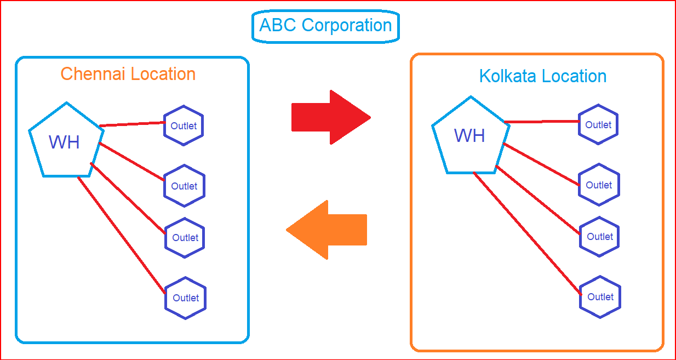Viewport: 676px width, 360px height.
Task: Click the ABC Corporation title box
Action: [x=325, y=26]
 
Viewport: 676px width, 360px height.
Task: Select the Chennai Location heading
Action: [x=128, y=74]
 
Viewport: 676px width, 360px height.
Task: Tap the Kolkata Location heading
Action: [x=542, y=76]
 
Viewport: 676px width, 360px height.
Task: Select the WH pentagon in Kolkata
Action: [x=470, y=136]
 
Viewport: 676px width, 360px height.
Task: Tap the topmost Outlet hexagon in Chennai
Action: [x=184, y=125]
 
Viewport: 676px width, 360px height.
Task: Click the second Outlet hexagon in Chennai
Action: [x=184, y=186]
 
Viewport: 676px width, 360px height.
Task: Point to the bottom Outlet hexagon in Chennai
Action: [x=186, y=298]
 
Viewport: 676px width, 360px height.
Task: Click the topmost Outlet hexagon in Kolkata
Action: [x=598, y=124]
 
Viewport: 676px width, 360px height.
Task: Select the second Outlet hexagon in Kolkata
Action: [x=599, y=185]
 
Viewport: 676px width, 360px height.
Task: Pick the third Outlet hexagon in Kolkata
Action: [x=600, y=236]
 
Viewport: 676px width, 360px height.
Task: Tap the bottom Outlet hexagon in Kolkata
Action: [x=600, y=296]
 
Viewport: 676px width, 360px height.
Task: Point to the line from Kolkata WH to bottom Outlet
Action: [x=527, y=234]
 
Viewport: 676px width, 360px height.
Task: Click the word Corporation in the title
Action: [x=346, y=25]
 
